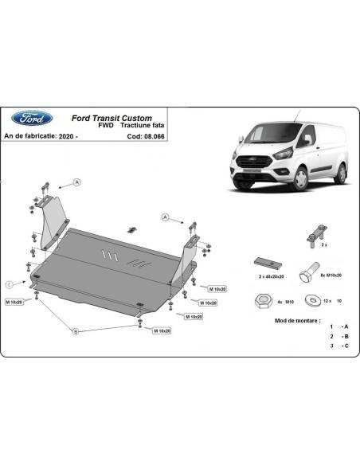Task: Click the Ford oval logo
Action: [x=30, y=119]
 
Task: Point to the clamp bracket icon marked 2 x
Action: [x=311, y=234]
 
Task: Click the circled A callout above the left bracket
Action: [x=78, y=182]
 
